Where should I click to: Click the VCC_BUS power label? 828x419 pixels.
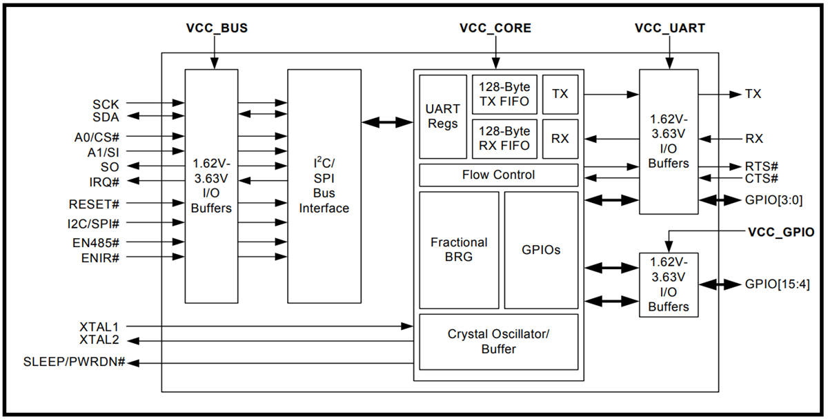[x=217, y=29]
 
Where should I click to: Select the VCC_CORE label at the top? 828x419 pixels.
[x=495, y=29]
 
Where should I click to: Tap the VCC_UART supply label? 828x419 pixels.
[x=669, y=29]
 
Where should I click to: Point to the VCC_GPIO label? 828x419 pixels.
[x=780, y=233]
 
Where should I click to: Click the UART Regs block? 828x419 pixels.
[x=442, y=117]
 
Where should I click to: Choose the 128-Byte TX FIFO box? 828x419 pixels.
[x=504, y=95]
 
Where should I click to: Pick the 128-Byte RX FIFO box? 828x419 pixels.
[x=504, y=138]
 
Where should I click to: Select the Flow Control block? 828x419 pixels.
[x=498, y=175]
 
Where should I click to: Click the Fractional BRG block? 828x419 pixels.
[x=459, y=250]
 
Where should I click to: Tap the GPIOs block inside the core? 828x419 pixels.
[x=541, y=250]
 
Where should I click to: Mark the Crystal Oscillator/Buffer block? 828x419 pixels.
[x=498, y=342]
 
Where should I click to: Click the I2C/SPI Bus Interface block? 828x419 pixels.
[x=324, y=186]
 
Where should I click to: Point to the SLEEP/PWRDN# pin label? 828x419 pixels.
[x=74, y=362]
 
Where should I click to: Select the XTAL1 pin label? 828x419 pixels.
[x=99, y=326]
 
